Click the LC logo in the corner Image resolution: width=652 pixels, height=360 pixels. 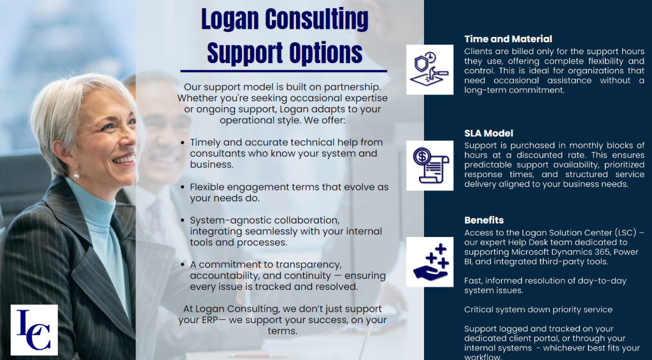point(34,329)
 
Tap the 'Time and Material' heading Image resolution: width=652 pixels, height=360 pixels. point(508,39)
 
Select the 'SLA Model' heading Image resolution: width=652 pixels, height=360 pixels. point(488,133)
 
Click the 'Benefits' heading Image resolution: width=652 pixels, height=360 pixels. point(484,220)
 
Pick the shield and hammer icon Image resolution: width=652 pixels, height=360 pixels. point(430,69)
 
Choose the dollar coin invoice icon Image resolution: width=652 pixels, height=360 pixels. point(430,165)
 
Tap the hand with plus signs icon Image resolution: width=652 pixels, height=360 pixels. point(430,262)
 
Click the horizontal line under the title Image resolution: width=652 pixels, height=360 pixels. point(283,71)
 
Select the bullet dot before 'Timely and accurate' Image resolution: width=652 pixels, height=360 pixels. point(183,143)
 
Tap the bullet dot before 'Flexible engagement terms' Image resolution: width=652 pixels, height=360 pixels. point(183,187)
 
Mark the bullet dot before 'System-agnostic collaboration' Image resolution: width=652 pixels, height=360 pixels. point(183,220)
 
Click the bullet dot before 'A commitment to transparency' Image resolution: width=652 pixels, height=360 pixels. point(183,264)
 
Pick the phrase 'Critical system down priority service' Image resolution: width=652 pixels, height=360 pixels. point(538,310)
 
